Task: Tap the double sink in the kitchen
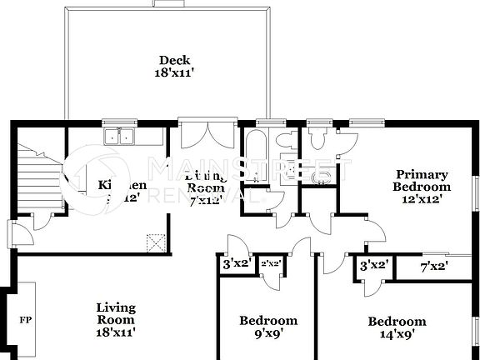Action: click(x=122, y=137)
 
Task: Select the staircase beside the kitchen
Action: click(x=37, y=177)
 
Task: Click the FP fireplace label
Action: click(x=25, y=319)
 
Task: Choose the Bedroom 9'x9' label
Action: click(x=267, y=327)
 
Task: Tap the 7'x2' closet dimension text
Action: click(x=434, y=266)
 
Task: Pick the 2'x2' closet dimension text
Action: click(x=271, y=265)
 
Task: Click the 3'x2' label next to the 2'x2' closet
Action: click(x=236, y=265)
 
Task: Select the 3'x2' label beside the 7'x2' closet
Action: click(x=372, y=266)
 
